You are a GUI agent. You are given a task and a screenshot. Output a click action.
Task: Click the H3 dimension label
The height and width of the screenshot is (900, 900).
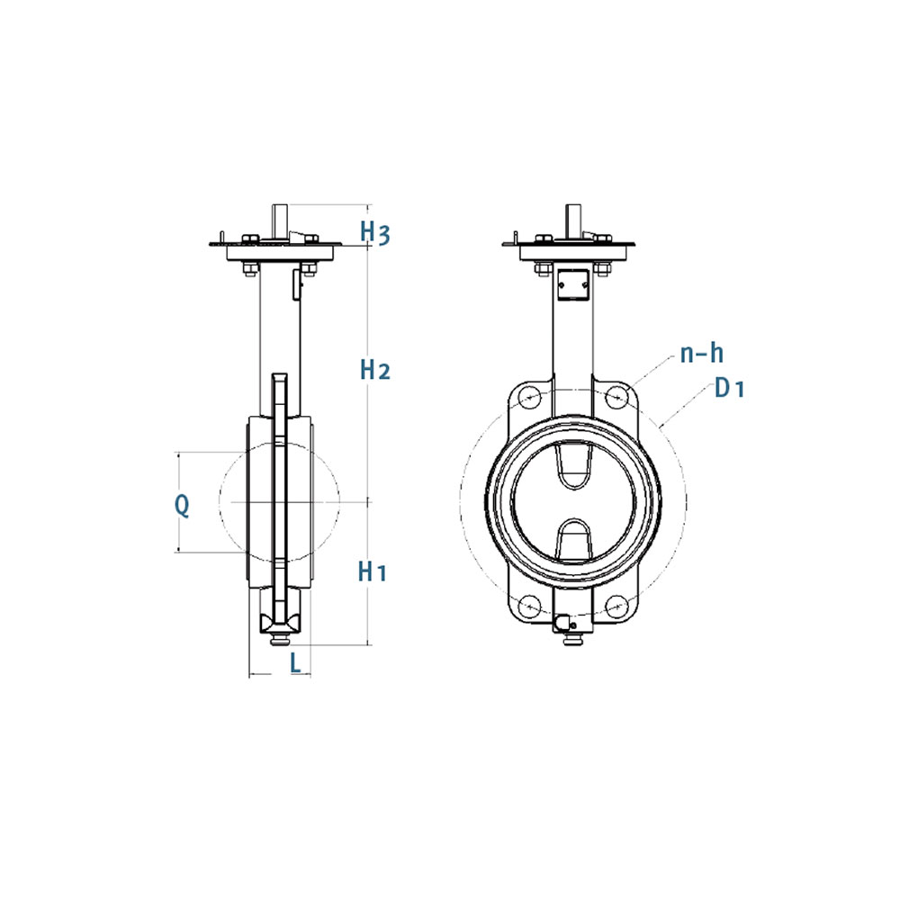click(375, 232)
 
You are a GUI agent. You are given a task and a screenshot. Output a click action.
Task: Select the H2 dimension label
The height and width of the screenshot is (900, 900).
click(375, 370)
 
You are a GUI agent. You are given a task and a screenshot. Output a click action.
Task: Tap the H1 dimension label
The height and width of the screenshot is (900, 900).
click(373, 571)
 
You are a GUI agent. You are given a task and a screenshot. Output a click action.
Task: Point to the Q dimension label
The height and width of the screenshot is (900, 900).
click(182, 506)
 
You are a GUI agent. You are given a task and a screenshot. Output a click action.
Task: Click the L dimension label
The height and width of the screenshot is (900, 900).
click(295, 663)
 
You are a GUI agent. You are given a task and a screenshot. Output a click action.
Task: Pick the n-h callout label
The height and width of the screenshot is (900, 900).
click(701, 353)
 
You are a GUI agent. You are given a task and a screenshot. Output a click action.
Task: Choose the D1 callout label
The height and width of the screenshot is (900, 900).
click(729, 389)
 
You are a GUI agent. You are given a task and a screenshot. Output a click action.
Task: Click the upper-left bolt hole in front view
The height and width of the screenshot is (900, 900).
click(529, 397)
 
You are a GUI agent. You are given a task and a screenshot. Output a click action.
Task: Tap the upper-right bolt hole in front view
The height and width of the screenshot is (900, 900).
click(616, 397)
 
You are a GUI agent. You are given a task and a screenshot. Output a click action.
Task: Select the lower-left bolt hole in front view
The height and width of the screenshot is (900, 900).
click(529, 606)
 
